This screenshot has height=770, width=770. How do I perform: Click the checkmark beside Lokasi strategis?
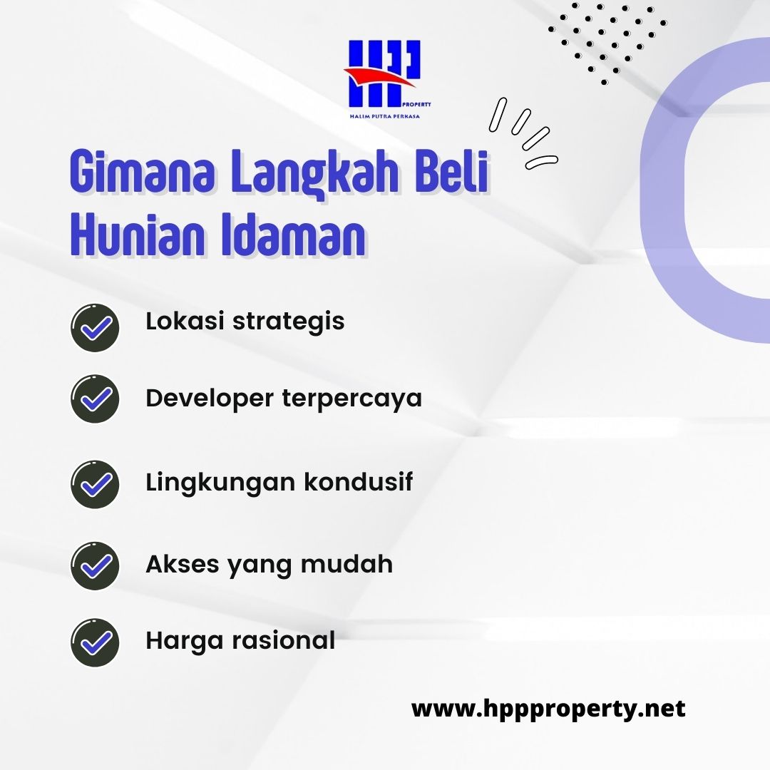coord(95,327)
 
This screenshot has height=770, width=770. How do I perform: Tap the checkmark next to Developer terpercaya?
coord(95,399)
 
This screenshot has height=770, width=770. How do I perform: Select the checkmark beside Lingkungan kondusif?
coord(95,483)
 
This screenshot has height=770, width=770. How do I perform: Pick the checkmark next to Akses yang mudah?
coord(95,565)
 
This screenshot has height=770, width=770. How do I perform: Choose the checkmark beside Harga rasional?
coord(95,642)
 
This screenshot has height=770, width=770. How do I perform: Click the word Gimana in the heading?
coord(143,171)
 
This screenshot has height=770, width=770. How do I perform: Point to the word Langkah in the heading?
coord(314,175)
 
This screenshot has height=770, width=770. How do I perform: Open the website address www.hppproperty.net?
coord(548,709)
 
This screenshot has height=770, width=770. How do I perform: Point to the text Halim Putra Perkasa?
coord(384,116)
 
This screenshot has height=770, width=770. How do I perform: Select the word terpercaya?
coord(351,399)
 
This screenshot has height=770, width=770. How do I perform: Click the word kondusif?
coord(358,481)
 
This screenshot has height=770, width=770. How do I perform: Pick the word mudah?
coord(346,563)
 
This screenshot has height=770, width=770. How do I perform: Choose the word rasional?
coord(283,640)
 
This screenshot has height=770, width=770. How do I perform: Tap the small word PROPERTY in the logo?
coord(416,105)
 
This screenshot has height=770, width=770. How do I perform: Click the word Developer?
coord(209,399)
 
